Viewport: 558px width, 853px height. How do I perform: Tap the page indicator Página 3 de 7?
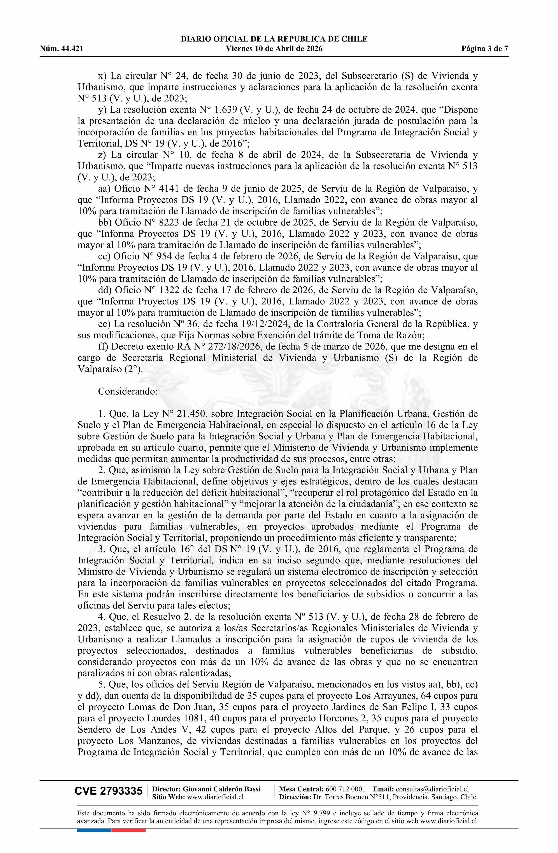point(485,49)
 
